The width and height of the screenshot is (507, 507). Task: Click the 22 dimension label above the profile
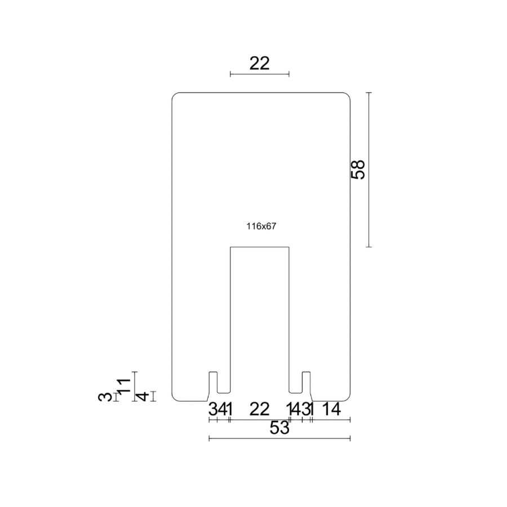pyautogui.click(x=260, y=63)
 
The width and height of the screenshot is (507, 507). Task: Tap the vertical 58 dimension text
pyautogui.click(x=358, y=169)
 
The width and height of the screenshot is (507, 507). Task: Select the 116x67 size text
pyautogui.click(x=260, y=226)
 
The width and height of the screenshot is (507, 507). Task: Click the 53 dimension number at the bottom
pyautogui.click(x=279, y=428)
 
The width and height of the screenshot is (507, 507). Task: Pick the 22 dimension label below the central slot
pyautogui.click(x=260, y=410)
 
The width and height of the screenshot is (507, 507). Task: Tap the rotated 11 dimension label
pyautogui.click(x=124, y=386)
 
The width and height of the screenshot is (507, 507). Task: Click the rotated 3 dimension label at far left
pyautogui.click(x=105, y=397)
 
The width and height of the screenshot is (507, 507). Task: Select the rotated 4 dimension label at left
pyautogui.click(x=144, y=397)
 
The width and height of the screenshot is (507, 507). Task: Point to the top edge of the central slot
pyautogui.click(x=260, y=247)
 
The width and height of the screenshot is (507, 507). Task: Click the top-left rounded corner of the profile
pyautogui.click(x=175, y=95)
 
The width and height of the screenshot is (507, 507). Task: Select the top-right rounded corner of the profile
pyautogui.click(x=348, y=95)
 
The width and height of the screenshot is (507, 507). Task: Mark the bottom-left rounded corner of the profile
pyautogui.click(x=175, y=398)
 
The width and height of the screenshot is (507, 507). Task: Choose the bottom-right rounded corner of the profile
pyautogui.click(x=348, y=398)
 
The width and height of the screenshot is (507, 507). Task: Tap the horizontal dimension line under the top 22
pyautogui.click(x=260, y=74)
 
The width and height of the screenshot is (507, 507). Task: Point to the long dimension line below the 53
pyautogui.click(x=279, y=438)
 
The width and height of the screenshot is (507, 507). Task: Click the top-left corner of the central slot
pyautogui.click(x=230, y=247)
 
